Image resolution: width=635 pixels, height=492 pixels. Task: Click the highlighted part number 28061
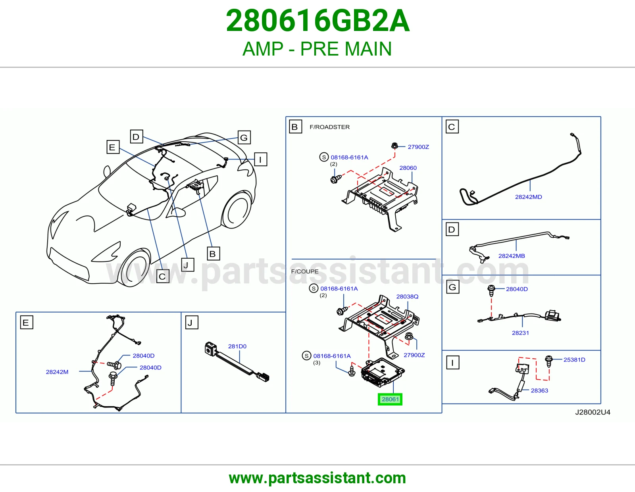390,399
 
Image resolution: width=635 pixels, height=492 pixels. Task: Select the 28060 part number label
408,168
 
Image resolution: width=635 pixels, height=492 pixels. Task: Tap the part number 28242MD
528,197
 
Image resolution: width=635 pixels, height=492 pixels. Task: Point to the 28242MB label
512,256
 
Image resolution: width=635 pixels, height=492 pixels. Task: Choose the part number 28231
520,333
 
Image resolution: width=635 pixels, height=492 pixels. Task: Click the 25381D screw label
574,359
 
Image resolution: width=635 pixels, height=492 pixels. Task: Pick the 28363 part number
539,390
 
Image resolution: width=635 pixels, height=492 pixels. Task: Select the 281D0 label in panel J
237,346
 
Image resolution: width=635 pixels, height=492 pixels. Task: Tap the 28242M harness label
57,372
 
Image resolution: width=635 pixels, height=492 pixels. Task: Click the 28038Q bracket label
407,296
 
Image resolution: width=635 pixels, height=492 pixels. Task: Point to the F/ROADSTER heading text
330,127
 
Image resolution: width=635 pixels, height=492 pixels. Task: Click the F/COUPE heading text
305,271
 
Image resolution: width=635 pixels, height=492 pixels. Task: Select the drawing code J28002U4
593,412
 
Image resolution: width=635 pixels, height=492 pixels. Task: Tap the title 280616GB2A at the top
317,21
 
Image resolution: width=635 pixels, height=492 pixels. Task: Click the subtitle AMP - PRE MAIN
317,49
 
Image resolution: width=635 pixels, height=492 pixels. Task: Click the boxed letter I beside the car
260,160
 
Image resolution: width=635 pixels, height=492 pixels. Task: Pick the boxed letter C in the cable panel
452,127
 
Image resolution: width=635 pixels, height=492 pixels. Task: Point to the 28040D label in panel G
517,289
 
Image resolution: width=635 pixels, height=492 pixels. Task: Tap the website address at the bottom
317,478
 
